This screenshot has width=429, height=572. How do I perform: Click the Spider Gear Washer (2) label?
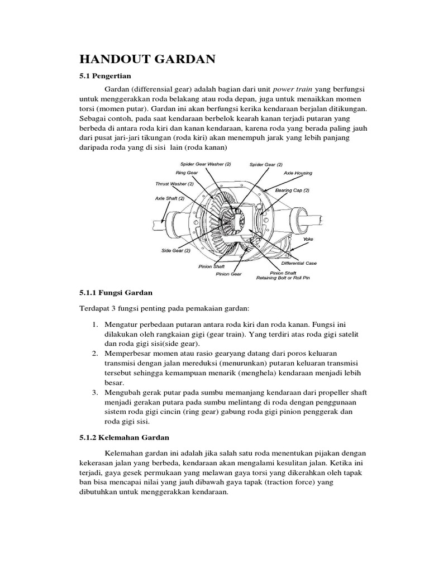205,164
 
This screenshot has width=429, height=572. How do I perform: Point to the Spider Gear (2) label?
266,164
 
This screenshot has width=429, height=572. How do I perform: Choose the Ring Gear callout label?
187,173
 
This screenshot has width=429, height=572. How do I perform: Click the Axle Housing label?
298,174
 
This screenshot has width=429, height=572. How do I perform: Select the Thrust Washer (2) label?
174,183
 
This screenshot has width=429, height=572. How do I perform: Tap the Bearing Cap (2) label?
292,190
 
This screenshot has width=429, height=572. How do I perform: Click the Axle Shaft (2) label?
171,198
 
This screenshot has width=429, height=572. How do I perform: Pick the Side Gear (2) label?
176,251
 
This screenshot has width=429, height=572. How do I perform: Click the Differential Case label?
299,262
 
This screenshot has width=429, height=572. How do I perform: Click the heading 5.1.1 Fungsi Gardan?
115,293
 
